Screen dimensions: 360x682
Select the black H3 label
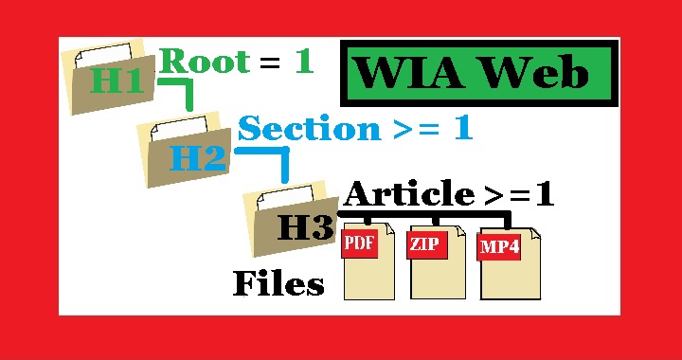[x=304, y=228]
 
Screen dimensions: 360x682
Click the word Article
[x=408, y=195]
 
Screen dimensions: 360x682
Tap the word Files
[x=278, y=283]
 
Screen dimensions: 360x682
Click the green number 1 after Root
[x=303, y=63]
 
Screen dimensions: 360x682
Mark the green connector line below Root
[x=186, y=91]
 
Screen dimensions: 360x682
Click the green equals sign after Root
[x=270, y=64]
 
